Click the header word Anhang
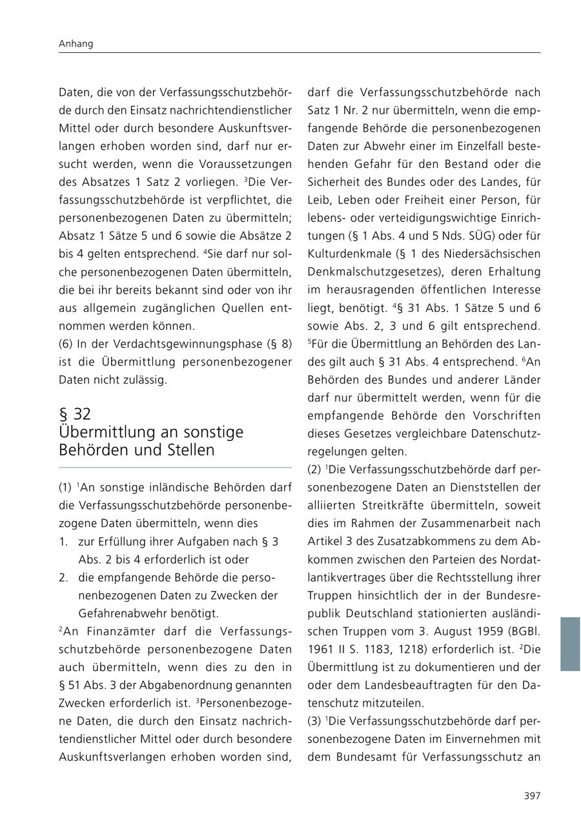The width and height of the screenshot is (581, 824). tap(76, 44)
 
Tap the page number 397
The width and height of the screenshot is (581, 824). tap(532, 796)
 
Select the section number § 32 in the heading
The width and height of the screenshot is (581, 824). tap(75, 414)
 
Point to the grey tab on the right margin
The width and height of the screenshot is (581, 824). tap(570, 644)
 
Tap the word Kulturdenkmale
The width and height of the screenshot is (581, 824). tap(347, 254)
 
